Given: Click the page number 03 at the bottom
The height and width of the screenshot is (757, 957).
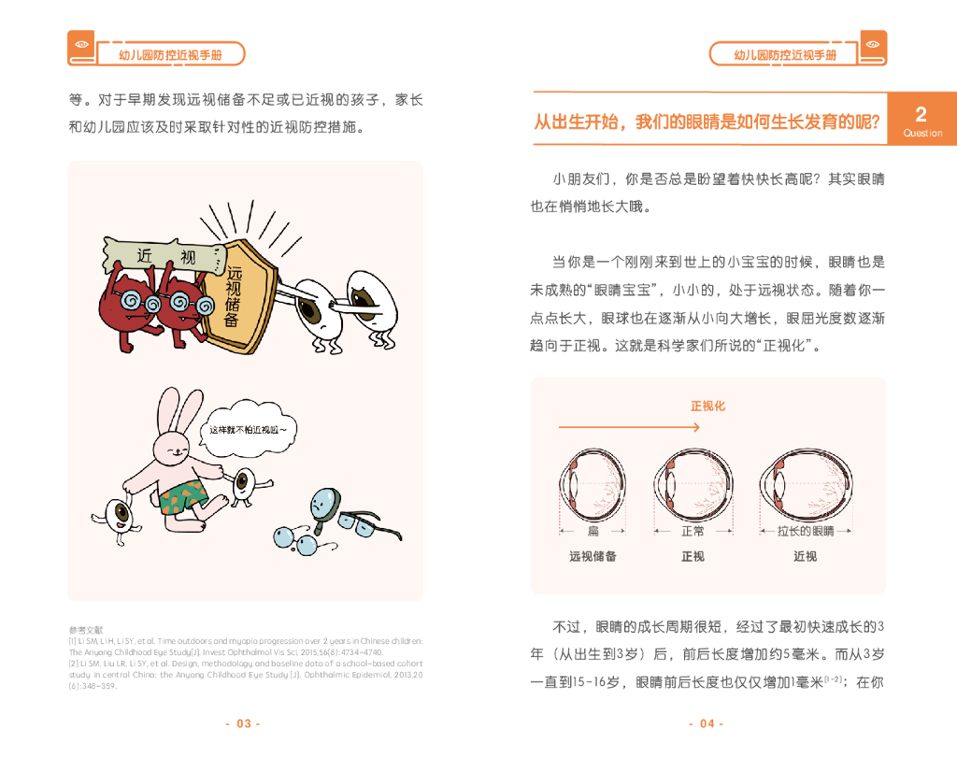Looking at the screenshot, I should [x=243, y=723].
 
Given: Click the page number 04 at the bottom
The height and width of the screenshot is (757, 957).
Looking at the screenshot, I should [x=707, y=723].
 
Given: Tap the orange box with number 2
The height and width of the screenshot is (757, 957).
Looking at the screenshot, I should [x=922, y=119].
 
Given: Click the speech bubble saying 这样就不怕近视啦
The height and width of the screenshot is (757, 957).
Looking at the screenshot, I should [x=249, y=430].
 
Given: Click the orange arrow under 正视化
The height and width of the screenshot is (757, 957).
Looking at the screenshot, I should [x=629, y=428].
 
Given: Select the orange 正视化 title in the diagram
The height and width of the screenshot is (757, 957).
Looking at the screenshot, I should [x=707, y=407].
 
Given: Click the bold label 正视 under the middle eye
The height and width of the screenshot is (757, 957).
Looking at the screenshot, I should [x=693, y=557].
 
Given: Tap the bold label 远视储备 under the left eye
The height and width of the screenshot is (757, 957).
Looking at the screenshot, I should [x=593, y=557].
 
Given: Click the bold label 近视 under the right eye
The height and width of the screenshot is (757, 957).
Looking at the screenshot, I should [x=805, y=557].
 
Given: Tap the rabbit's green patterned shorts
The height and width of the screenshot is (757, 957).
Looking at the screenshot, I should [x=182, y=496].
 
